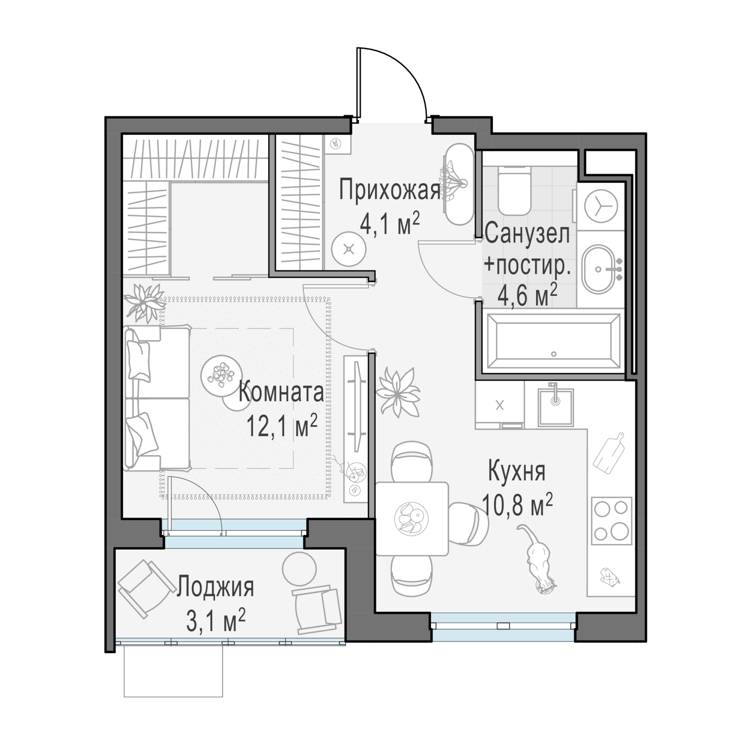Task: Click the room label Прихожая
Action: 390,189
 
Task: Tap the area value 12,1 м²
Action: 282,425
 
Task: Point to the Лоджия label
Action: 216,588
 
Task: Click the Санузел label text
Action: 527,233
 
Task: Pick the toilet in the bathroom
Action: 514,190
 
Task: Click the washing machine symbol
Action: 601,206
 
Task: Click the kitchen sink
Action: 555,407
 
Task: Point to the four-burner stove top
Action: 611,520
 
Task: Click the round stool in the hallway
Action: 349,249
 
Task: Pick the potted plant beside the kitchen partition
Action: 397,392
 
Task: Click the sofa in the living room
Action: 157,398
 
